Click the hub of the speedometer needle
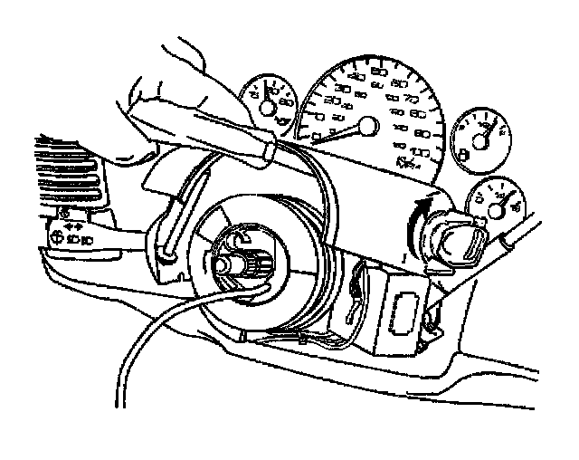367,127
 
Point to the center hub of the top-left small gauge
269,108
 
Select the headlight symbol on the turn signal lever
56,238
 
